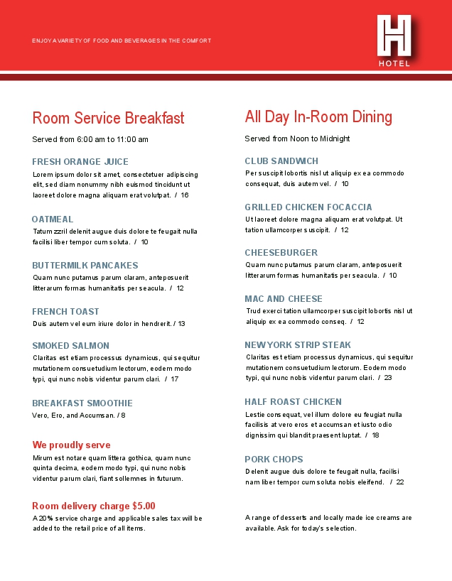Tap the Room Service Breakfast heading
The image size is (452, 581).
tap(108, 118)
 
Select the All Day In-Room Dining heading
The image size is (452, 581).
tap(318, 116)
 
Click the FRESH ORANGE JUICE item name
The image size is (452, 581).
tap(80, 162)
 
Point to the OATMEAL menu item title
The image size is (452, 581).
tap(53, 219)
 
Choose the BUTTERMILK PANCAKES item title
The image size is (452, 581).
tap(85, 266)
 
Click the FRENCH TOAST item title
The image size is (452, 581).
tap(65, 312)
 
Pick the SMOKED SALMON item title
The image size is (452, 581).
tap(70, 346)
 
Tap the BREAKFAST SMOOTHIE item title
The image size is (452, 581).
tap(82, 403)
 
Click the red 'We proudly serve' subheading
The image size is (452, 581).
tap(71, 445)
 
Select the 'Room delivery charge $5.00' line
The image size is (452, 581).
tap(93, 506)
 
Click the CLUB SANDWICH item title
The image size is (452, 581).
tap(281, 161)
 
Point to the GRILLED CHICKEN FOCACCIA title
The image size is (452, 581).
tap(308, 207)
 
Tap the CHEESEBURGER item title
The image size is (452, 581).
tap(281, 253)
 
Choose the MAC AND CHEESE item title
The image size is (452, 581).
tap(284, 299)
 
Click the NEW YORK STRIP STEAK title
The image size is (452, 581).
tap(298, 345)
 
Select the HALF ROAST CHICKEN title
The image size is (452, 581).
tap(293, 402)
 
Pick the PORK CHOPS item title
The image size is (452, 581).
tap(274, 460)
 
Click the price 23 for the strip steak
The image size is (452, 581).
tap(388, 378)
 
